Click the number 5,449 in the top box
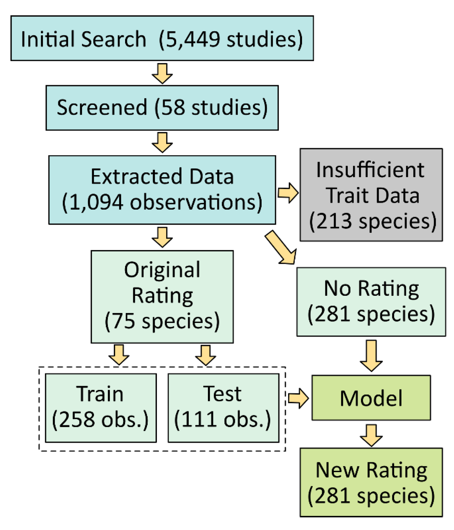[193, 39]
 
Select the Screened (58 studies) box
[162, 108]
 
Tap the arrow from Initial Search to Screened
[162, 73]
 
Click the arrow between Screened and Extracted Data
[162, 142]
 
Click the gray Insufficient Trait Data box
[371, 195]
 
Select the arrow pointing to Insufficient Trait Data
[288, 193]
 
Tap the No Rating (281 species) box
[371, 302]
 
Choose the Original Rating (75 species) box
[162, 296]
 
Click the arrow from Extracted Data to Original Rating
[162, 237]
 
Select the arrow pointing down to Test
[206, 355]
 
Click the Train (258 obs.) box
[101, 408]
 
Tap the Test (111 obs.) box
[223, 408]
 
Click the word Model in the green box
[371, 398]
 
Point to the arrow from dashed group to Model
[298, 398]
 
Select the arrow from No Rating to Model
[371, 355]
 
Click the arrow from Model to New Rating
[371, 435]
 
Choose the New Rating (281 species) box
[371, 482]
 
